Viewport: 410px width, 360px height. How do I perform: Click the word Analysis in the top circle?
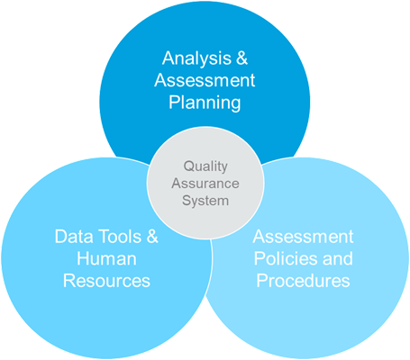pyautogui.click(x=196, y=58)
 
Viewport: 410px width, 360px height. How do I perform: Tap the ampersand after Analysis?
pyautogui.click(x=242, y=58)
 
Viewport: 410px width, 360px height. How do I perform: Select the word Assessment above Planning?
pyautogui.click(x=205, y=80)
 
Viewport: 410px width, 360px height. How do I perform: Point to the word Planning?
pyautogui.click(x=205, y=103)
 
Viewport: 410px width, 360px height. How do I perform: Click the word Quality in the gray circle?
pyautogui.click(x=205, y=166)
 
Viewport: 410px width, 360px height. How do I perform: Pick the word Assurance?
pyautogui.click(x=205, y=184)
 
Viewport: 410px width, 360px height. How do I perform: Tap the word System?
pyautogui.click(x=205, y=201)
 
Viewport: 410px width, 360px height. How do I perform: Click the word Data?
pyautogui.click(x=74, y=236)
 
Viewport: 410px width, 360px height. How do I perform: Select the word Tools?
pyautogui.click(x=120, y=236)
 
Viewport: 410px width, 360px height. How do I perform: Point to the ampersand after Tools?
pyautogui.click(x=152, y=236)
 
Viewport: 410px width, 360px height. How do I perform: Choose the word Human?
pyautogui.click(x=106, y=258)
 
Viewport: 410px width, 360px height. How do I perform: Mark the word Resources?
pyautogui.click(x=106, y=281)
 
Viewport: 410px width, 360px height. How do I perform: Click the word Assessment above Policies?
pyautogui.click(x=303, y=237)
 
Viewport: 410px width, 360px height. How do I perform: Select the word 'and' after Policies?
pyautogui.click(x=338, y=258)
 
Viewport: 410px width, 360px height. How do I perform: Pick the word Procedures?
pyautogui.click(x=303, y=281)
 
